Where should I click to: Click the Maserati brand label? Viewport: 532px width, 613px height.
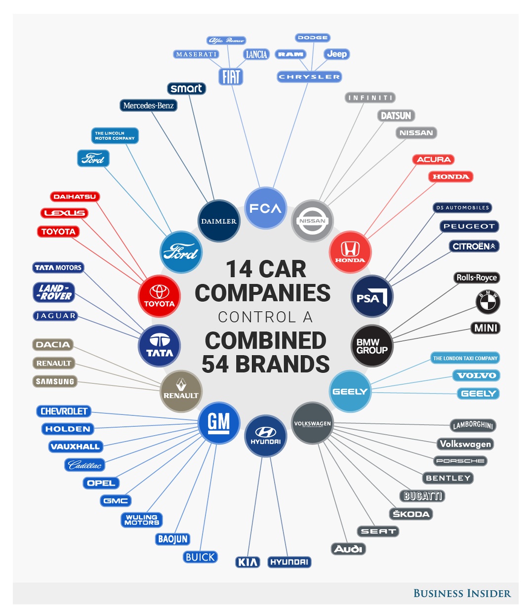click(x=196, y=54)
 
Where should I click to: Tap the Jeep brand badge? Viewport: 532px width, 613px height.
click(x=337, y=54)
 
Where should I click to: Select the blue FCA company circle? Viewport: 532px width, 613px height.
click(x=265, y=208)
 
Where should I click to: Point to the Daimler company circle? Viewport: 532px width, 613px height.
click(x=219, y=221)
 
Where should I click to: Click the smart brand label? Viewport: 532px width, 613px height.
click(x=186, y=88)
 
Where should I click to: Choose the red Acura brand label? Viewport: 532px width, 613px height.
click(x=433, y=160)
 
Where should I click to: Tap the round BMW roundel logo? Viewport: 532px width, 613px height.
click(x=488, y=301)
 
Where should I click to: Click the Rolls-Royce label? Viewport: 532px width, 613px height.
click(x=477, y=278)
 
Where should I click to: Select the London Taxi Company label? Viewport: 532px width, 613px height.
click(x=465, y=358)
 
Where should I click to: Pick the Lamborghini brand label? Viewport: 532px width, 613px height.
click(x=473, y=425)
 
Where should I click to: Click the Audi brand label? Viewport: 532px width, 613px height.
click(x=348, y=549)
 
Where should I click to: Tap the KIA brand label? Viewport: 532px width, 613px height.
click(x=247, y=562)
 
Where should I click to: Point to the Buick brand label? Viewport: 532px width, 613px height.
click(x=200, y=557)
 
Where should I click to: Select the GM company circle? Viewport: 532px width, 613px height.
click(x=219, y=422)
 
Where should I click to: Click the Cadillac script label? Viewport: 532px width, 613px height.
click(x=84, y=465)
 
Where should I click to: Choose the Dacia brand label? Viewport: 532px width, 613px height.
click(x=53, y=345)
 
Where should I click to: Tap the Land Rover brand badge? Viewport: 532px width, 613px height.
click(x=54, y=292)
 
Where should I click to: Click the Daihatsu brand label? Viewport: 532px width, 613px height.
click(x=75, y=197)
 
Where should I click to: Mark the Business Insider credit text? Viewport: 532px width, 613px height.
click(x=462, y=593)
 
